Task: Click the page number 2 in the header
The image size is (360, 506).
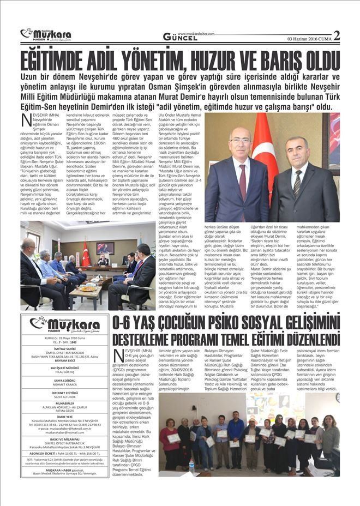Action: click(336, 36)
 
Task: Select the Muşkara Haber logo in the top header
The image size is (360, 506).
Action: click(46, 34)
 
